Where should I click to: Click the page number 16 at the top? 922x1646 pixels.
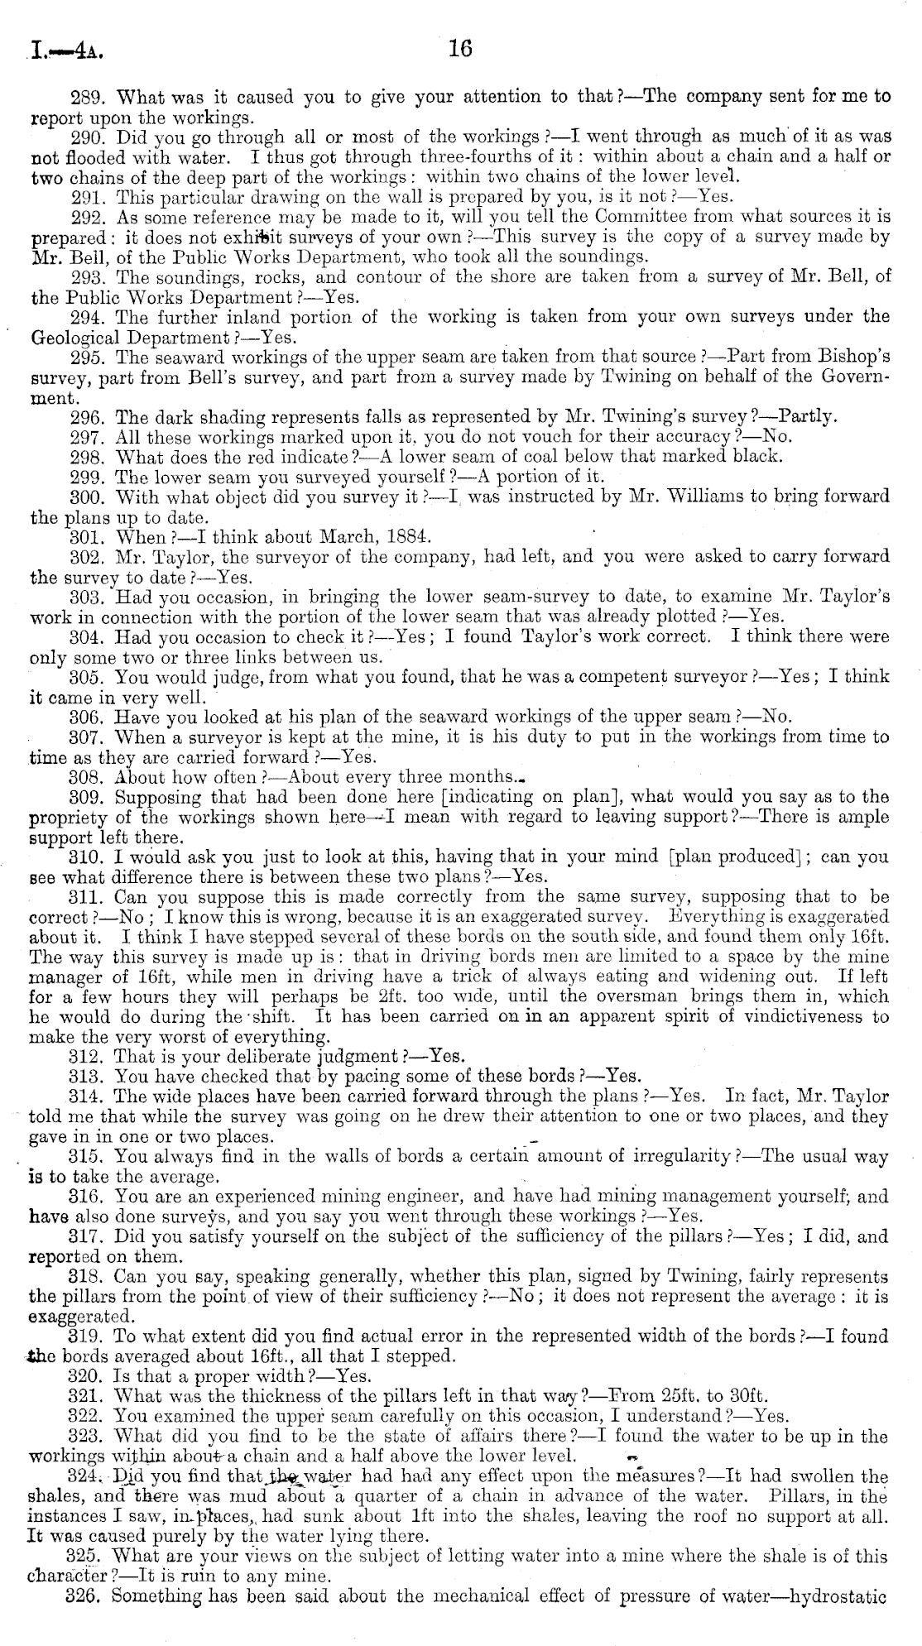pyautogui.click(x=460, y=50)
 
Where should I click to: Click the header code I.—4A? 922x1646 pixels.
pyautogui.click(x=65, y=54)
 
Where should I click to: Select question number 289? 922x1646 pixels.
pyautogui.click(x=86, y=97)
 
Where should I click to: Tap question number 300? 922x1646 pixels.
pyautogui.click(x=86, y=497)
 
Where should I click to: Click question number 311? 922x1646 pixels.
pyautogui.click(x=86, y=896)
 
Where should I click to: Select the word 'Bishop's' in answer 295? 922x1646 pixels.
pyautogui.click(x=853, y=357)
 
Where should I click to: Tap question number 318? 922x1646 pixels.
pyautogui.click(x=86, y=1276)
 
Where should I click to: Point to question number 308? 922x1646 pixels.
pyautogui.click(x=86, y=776)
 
